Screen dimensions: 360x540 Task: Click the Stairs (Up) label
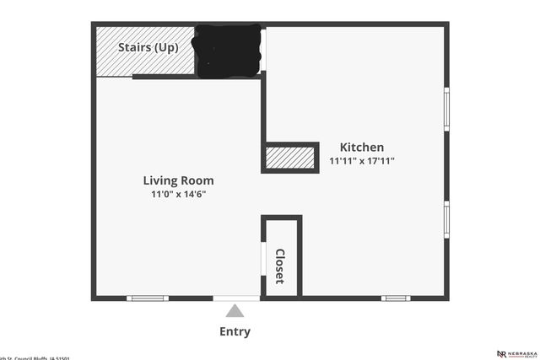(x=148, y=47)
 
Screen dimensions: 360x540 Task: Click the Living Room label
(x=178, y=180)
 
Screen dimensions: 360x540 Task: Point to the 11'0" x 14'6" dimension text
(x=178, y=194)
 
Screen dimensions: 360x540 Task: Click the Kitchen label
(x=361, y=147)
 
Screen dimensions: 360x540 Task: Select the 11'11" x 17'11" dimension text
(x=361, y=160)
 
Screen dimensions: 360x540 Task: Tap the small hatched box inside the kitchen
(x=290, y=158)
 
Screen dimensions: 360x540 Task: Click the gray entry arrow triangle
(x=235, y=311)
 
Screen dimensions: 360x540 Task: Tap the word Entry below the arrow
(x=235, y=331)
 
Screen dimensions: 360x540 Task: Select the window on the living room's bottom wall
(x=148, y=298)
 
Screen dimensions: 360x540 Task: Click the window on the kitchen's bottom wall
(x=395, y=298)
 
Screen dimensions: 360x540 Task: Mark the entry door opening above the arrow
(x=236, y=298)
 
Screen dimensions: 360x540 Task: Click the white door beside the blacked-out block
(x=263, y=51)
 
